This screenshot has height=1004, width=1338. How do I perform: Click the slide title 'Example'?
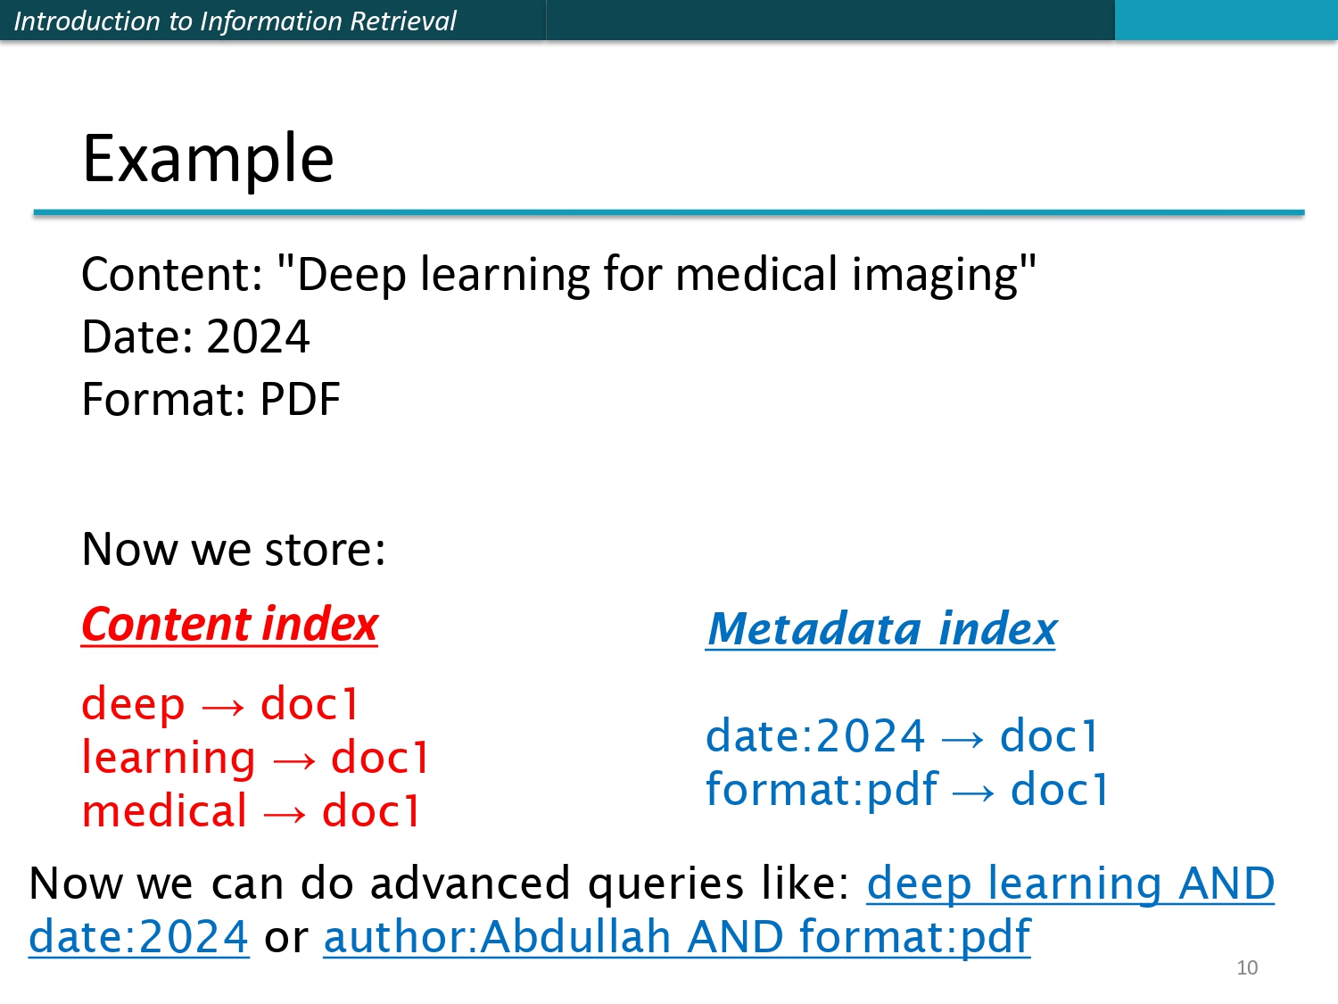click(208, 158)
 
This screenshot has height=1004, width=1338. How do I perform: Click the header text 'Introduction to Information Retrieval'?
click(235, 21)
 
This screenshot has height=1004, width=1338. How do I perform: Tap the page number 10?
click(1246, 967)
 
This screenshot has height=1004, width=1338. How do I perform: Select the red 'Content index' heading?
click(229, 624)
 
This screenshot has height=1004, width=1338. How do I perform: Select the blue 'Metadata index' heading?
click(880, 628)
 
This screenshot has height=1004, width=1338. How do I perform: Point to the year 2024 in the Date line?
click(258, 337)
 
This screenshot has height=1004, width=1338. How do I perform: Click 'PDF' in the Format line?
click(300, 400)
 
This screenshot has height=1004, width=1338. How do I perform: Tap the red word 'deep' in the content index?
click(133, 704)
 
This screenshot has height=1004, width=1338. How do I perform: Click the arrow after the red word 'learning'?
click(293, 760)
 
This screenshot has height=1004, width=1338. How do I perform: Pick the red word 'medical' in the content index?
click(164, 812)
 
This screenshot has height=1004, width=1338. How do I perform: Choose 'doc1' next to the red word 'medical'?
click(371, 812)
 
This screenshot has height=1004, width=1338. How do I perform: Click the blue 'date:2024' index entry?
click(815, 736)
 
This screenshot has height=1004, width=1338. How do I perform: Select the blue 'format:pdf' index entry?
click(822, 790)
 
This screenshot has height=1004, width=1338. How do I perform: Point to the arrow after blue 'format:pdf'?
click(973, 792)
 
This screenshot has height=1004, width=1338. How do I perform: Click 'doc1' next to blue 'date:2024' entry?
click(1050, 736)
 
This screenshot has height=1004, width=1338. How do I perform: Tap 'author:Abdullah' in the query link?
click(498, 937)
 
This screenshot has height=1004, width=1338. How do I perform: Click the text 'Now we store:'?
click(234, 549)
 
